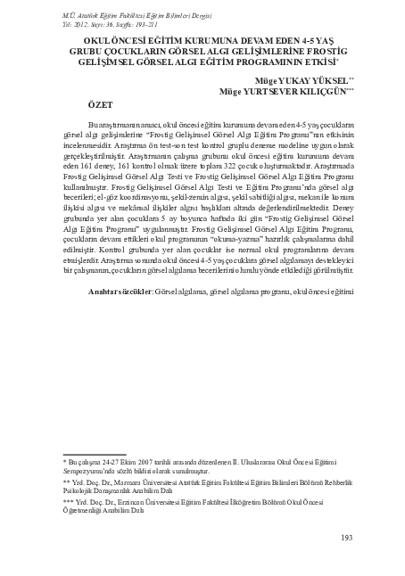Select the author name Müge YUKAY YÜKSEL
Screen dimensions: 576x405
click(x=300, y=79)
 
